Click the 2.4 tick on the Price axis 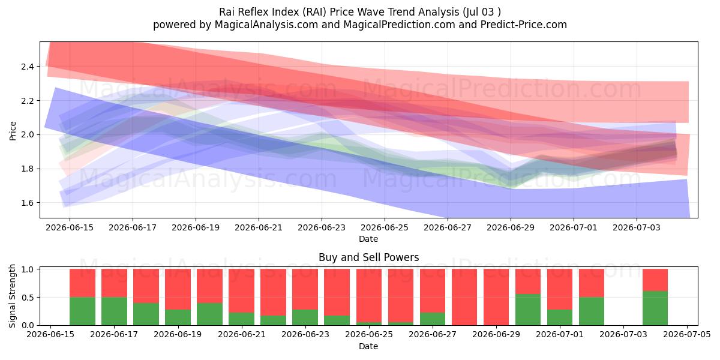point(28,67)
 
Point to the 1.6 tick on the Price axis point(28,203)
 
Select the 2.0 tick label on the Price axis point(28,134)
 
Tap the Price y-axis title point(13,131)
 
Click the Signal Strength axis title point(12,296)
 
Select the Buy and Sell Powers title point(368,257)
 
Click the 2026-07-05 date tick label point(687,335)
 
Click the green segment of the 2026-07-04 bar point(655,308)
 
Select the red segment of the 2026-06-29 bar point(496,297)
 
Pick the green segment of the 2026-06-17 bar point(114,311)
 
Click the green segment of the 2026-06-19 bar point(178,317)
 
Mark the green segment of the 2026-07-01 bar point(560,317)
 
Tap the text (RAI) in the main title point(311,12)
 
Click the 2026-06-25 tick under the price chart point(385,227)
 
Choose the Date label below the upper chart point(368,239)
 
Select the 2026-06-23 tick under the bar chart point(305,335)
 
